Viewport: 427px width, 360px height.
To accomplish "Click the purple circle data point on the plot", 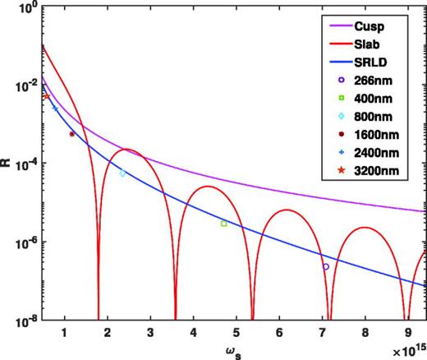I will pyautogui.click(x=326, y=266).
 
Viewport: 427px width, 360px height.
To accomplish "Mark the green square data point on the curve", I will pyautogui.click(x=223, y=224).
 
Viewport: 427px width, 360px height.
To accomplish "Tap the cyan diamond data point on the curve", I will pyautogui.click(x=122, y=173).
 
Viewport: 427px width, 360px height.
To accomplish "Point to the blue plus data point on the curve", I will pyautogui.click(x=55, y=108).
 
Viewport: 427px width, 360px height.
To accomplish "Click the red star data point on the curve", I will pyautogui.click(x=46, y=97).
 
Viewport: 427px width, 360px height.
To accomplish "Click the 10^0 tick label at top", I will pyautogui.click(x=25, y=8).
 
